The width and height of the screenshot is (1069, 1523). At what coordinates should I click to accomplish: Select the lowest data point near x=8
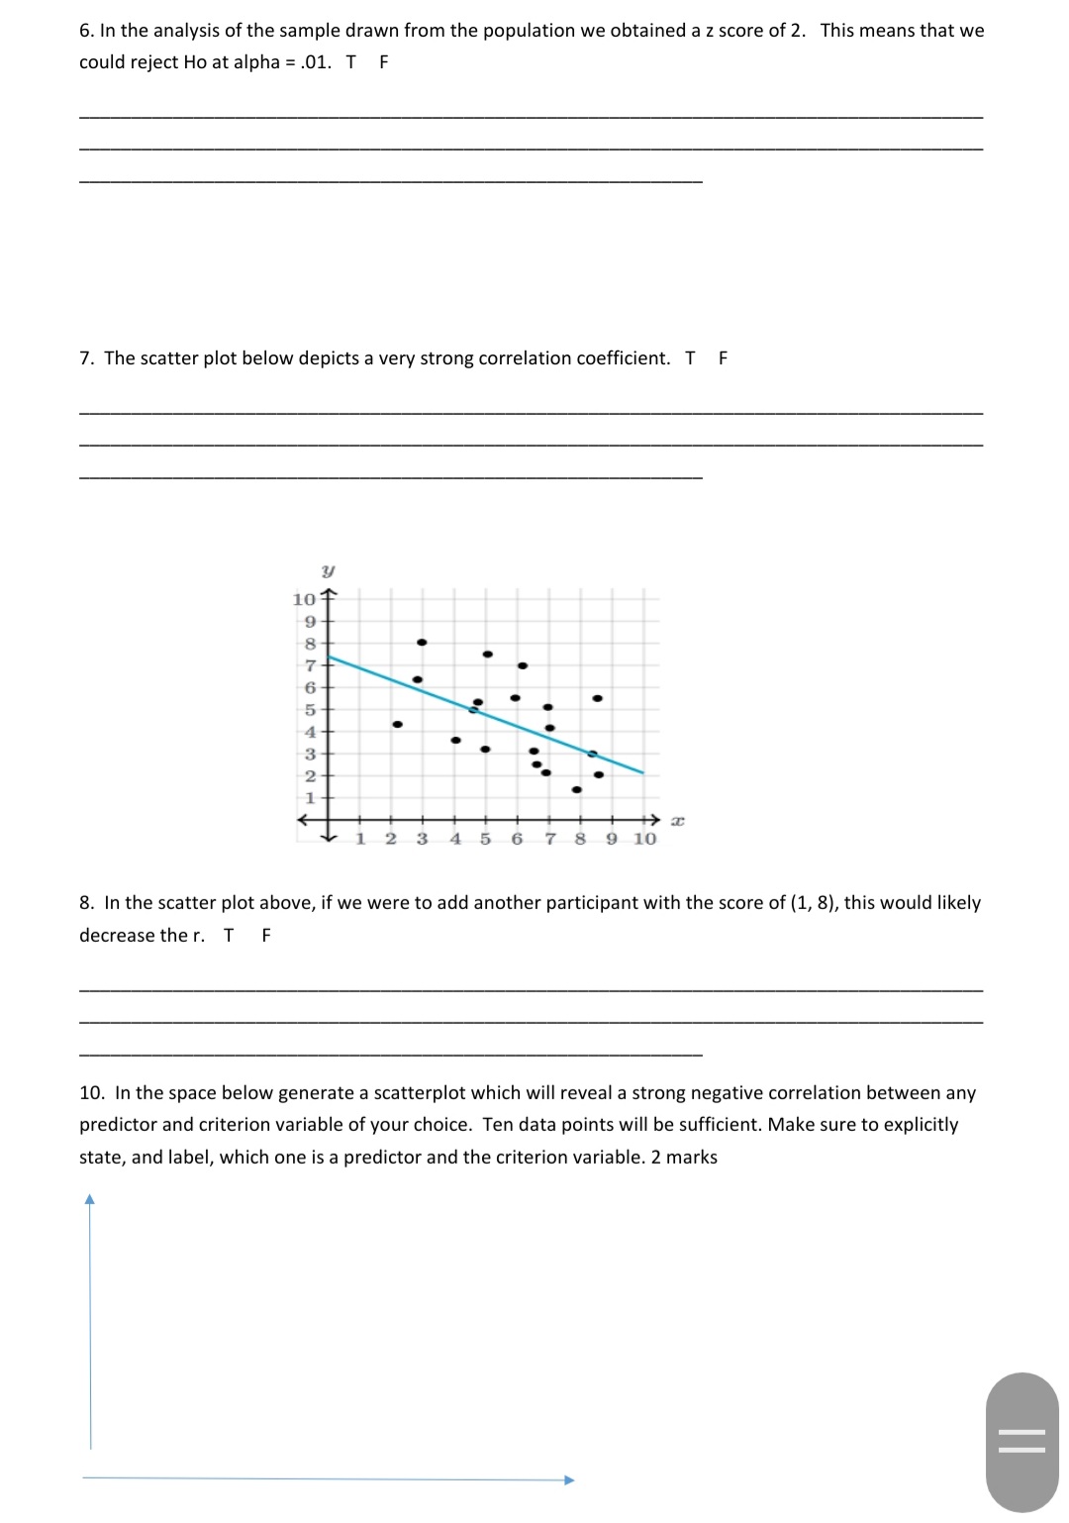point(576,789)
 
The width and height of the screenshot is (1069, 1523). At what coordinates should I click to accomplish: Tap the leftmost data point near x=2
point(397,724)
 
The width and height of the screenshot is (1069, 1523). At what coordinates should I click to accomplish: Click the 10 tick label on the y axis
point(303,599)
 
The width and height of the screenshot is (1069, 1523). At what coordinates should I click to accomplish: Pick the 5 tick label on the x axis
point(485,839)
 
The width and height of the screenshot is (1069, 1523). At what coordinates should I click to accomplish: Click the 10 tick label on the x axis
point(644,839)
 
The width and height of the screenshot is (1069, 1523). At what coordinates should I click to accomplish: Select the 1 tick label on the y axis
point(309,797)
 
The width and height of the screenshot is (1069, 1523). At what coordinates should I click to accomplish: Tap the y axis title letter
point(328,571)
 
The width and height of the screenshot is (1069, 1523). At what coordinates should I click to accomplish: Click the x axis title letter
point(677,820)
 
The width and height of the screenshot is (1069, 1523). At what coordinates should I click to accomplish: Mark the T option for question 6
point(350,62)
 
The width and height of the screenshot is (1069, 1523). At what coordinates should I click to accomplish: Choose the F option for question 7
point(723,358)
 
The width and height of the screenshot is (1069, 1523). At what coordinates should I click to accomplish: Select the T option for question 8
point(229,936)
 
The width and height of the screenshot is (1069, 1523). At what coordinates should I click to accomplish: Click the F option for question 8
point(265,936)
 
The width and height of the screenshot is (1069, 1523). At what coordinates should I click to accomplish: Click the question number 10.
point(92,1093)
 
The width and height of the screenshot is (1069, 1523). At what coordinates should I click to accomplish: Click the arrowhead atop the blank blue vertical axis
point(90,1199)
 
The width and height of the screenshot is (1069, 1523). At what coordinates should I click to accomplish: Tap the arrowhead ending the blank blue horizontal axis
point(569,1480)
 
